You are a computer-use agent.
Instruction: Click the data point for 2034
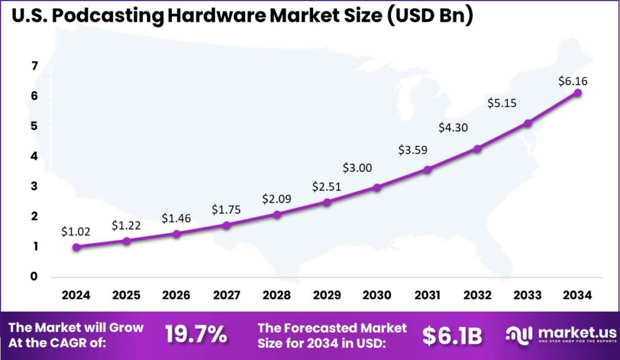pos(578,93)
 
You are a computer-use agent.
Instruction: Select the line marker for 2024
pos(76,247)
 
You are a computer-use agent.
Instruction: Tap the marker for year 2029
pos(327,202)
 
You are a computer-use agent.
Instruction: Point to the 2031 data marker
pos(427,169)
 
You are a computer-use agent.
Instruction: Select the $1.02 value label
pos(76,231)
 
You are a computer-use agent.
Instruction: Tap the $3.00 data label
pos(357,168)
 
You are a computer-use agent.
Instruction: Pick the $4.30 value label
pos(453,128)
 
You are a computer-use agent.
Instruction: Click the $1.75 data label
pos(226,209)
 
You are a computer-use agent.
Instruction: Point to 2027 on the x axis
pos(226,295)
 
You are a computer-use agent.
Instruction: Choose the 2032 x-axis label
pos(478,295)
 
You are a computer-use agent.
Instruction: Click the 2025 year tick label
pos(126,295)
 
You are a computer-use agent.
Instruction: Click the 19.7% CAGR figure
pos(196,335)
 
